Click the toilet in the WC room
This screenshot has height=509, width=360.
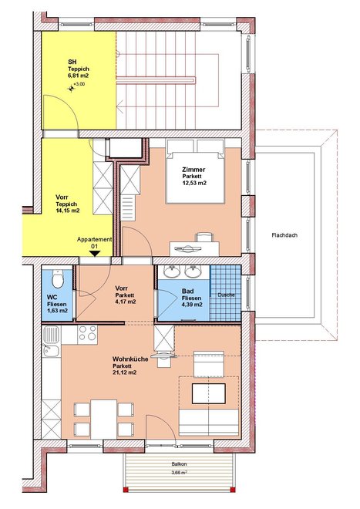(58, 279)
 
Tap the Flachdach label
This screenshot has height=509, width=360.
(284, 235)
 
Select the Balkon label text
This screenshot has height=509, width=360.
(179, 464)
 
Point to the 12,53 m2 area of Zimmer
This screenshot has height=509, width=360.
(194, 183)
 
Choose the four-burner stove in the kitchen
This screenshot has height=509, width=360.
(88, 335)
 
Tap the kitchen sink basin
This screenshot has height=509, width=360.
(52, 335)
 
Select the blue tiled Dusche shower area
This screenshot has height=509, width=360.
(225, 294)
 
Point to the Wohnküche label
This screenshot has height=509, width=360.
(130, 359)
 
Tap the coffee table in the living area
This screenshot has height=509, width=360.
(209, 394)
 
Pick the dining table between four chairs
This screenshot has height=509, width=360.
(103, 419)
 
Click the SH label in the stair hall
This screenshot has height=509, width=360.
(72, 62)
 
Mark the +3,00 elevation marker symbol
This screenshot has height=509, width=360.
(71, 88)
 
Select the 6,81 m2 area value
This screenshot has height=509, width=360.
(78, 76)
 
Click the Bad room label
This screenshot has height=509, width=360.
(187, 292)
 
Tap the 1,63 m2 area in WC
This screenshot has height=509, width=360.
(58, 311)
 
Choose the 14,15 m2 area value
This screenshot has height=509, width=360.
(68, 211)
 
